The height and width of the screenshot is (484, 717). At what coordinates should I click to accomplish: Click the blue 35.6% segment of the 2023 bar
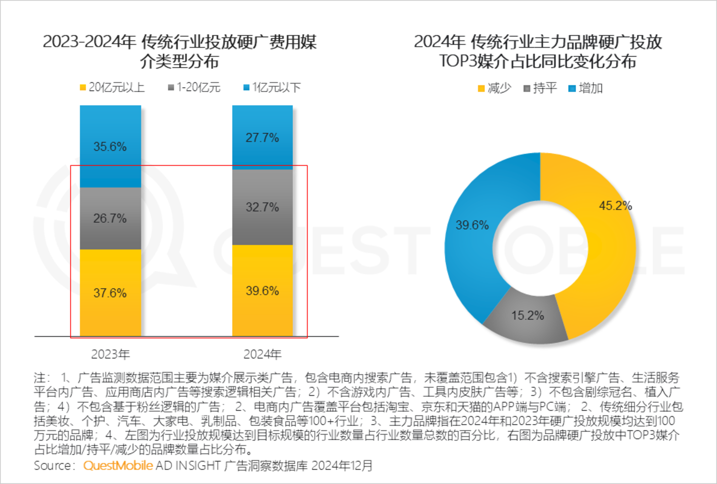tap(110, 146)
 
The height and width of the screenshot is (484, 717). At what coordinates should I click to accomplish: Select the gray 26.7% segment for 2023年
tap(110, 218)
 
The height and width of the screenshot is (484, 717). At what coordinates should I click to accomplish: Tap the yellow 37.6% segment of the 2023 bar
tap(110, 293)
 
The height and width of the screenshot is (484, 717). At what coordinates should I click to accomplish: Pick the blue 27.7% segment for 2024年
tap(262, 137)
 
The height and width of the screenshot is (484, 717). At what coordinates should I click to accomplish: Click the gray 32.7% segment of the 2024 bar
tap(262, 207)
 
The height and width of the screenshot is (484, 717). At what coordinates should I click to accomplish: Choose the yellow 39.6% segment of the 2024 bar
tap(262, 291)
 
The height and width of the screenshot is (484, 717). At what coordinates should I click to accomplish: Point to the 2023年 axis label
tap(110, 354)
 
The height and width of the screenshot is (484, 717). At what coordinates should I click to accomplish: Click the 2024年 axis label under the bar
tap(262, 354)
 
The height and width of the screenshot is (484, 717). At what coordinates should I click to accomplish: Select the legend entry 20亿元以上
tap(112, 88)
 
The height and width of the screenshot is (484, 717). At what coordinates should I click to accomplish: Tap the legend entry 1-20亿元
tap(194, 88)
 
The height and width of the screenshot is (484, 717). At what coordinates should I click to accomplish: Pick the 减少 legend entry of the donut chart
tap(494, 88)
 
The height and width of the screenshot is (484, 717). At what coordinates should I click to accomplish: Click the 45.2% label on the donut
tap(615, 206)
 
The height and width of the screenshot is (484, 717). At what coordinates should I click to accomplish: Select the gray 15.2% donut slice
tap(528, 316)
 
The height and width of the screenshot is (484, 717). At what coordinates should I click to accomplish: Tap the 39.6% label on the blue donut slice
tap(472, 225)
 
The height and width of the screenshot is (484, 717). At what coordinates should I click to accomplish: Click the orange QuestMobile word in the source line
tap(118, 466)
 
